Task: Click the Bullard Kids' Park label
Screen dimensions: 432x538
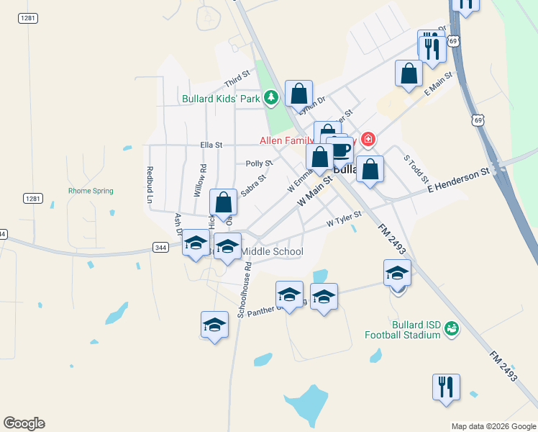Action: (220, 99)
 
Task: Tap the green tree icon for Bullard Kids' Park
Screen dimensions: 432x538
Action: (270, 96)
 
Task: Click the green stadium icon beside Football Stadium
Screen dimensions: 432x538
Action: (451, 328)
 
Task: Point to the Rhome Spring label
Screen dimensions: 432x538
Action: (91, 191)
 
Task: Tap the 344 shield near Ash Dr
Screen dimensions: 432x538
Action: (160, 247)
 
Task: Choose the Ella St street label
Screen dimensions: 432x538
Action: (211, 145)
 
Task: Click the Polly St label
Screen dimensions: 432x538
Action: (259, 164)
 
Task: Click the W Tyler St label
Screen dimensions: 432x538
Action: (343, 219)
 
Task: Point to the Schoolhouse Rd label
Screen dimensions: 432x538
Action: (245, 289)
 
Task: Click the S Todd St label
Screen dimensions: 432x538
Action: (416, 168)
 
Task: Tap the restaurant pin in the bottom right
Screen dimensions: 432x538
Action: (446, 387)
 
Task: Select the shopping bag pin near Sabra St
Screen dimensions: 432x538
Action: (224, 203)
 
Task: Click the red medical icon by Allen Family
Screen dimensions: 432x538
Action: (368, 139)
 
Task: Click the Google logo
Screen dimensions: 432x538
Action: (24, 423)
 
